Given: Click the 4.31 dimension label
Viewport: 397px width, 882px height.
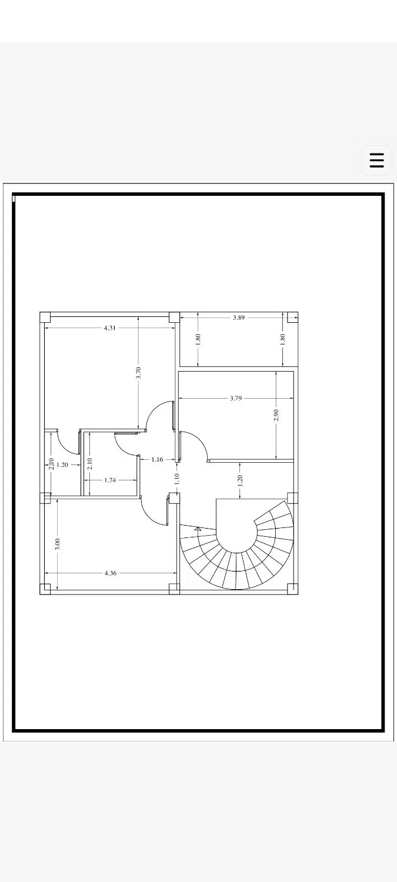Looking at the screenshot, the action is (110, 328).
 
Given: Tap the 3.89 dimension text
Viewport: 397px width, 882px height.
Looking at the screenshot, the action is (239, 318).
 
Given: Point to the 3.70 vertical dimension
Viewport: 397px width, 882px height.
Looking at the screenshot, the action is (138, 373).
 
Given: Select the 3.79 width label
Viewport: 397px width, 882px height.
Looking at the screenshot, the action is (236, 398).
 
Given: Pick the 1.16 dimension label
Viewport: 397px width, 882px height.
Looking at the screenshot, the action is (157, 459).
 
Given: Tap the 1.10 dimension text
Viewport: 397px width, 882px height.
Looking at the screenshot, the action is (177, 479).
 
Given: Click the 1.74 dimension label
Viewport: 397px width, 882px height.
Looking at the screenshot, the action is (111, 480).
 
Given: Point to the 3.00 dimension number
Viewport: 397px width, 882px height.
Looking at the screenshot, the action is (58, 544).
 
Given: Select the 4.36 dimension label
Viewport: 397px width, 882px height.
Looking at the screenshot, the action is (111, 573).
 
